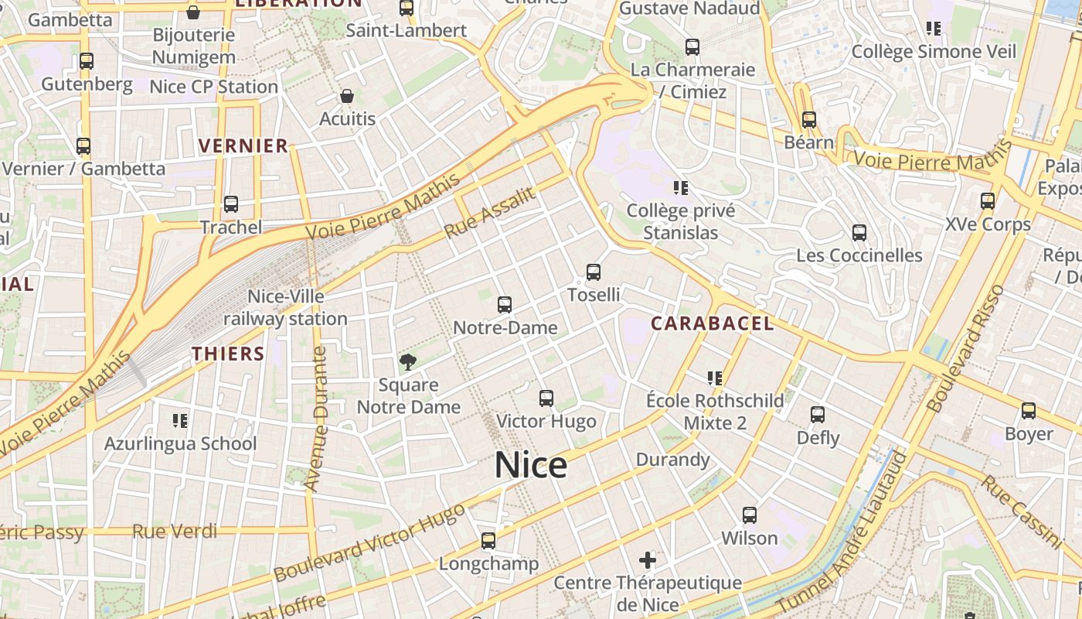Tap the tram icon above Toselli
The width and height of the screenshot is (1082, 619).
(x=594, y=272)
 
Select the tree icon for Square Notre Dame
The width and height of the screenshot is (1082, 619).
(x=408, y=361)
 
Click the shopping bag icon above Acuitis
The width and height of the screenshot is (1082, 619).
(x=347, y=97)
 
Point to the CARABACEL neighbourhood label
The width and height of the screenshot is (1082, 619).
(x=712, y=323)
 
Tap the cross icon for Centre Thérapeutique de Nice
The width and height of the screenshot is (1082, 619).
(x=648, y=559)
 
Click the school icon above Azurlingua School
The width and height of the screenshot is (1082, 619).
(x=180, y=421)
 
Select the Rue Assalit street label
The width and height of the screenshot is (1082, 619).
(x=489, y=214)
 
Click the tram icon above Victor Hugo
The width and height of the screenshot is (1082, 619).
(x=546, y=398)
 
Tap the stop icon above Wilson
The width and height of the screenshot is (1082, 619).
(x=749, y=515)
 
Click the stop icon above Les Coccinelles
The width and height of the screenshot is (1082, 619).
(x=859, y=233)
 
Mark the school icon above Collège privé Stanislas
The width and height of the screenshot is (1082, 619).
(x=681, y=188)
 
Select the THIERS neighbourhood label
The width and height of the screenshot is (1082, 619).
(x=228, y=354)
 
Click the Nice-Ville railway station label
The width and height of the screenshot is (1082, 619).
(x=285, y=307)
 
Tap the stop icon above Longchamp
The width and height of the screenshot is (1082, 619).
(x=488, y=541)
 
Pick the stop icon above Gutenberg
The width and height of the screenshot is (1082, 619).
(x=87, y=61)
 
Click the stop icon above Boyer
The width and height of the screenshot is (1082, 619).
(x=1029, y=412)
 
